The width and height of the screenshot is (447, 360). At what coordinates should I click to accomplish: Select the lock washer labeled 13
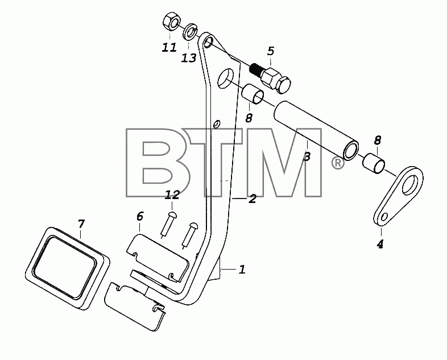(190, 32)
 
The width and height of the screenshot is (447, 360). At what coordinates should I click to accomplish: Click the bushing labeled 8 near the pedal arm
(253, 94)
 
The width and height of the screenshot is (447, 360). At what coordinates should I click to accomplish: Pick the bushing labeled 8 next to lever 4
(374, 163)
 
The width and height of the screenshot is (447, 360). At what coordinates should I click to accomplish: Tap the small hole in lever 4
(384, 217)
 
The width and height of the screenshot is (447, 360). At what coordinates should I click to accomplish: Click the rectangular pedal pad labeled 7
(67, 268)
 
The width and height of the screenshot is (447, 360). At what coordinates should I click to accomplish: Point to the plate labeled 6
(157, 256)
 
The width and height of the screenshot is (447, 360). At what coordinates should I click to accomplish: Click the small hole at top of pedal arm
(209, 42)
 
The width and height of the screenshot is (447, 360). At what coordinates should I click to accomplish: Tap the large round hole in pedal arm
(226, 78)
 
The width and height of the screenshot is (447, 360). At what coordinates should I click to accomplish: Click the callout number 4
(380, 244)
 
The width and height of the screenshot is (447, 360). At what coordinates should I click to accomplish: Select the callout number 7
(81, 224)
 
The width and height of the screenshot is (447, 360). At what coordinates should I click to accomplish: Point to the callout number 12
(172, 195)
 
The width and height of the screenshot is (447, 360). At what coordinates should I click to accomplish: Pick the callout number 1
(242, 270)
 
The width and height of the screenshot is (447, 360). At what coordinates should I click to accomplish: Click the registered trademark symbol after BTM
(338, 163)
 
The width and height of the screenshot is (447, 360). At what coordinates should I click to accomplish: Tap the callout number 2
(252, 198)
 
